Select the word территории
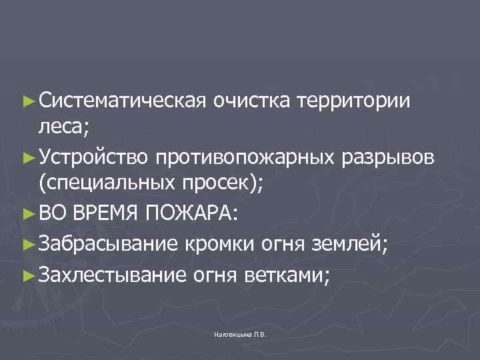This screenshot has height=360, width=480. click(354, 101)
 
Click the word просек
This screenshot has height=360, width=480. click(226, 185)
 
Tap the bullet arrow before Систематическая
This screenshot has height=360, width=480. click(27, 101)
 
